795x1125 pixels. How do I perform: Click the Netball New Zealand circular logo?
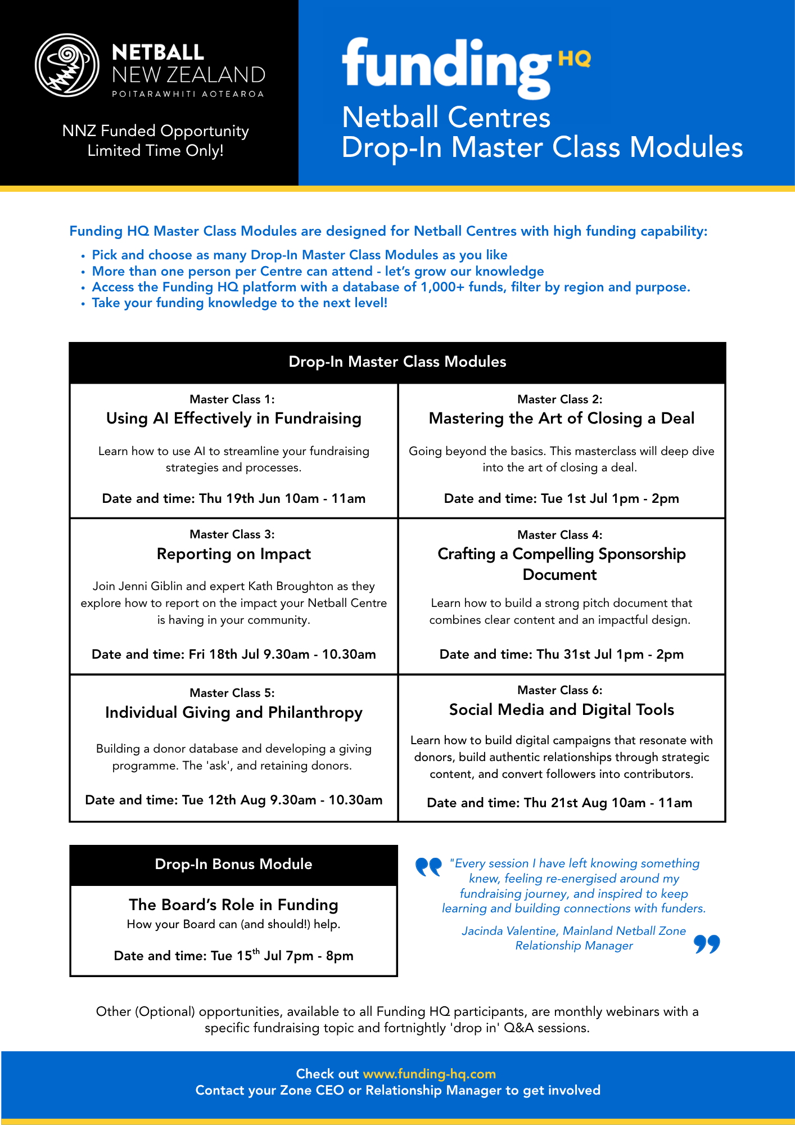[x=67, y=65]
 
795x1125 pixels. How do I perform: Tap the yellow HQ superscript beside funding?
[x=574, y=58]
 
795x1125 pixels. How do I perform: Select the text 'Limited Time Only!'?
[x=155, y=151]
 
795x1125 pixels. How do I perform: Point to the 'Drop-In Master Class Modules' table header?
[x=397, y=362]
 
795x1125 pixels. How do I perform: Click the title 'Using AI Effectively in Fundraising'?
[x=233, y=418]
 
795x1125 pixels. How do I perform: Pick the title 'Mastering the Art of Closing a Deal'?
[x=561, y=418]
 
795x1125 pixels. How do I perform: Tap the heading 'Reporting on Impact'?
[x=233, y=554]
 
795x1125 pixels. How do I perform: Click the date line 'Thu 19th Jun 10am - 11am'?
[x=233, y=498]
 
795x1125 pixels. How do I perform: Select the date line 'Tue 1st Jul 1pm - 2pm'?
[x=561, y=498]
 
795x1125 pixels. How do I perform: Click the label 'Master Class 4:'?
[x=559, y=534]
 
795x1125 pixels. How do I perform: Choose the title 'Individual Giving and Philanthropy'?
[x=233, y=713]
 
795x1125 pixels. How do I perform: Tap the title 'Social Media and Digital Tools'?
[x=561, y=710]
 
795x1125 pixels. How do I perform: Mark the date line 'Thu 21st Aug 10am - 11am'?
[x=559, y=803]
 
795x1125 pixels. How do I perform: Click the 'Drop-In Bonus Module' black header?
[x=233, y=864]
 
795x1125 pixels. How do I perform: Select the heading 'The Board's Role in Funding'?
[x=233, y=904]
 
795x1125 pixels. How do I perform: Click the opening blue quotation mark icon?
[x=428, y=867]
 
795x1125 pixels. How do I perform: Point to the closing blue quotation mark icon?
[x=707, y=944]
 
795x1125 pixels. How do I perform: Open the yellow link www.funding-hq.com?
[x=429, y=1074]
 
